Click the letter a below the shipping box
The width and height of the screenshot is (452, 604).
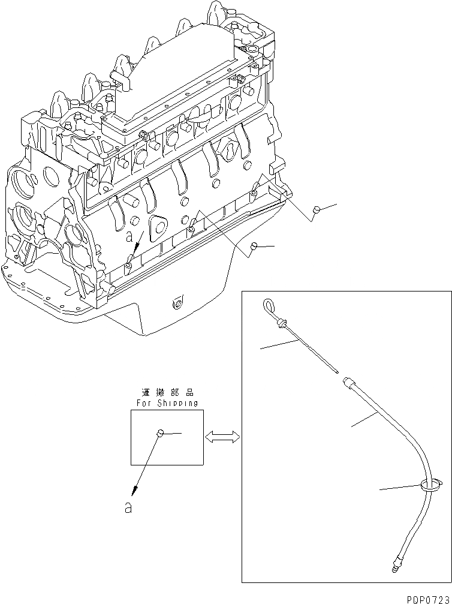(127, 507)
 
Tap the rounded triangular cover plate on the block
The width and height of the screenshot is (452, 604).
(159, 225)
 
